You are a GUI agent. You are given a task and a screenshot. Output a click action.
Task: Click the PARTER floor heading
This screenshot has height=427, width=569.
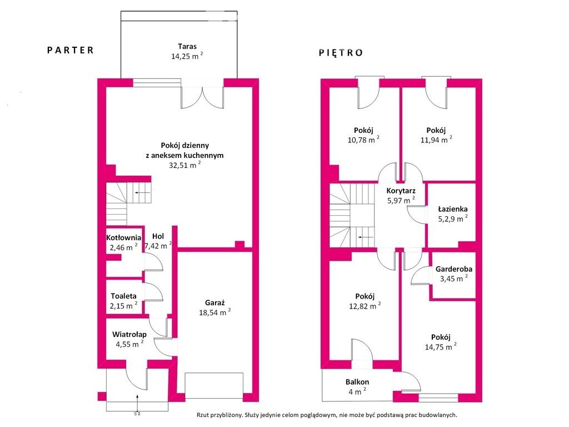pos(71,50)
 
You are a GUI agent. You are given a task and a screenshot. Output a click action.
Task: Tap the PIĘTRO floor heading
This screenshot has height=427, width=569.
pos(341,53)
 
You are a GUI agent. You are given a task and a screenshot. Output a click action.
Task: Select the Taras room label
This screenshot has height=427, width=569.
pos(187,47)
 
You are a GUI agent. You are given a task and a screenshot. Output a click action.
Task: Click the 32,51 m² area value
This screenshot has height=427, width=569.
pos(184,165)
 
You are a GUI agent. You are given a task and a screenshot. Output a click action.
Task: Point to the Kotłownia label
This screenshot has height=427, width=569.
pos(124,238)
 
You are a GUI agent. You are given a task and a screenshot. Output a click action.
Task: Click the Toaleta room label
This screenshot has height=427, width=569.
pos(124,296)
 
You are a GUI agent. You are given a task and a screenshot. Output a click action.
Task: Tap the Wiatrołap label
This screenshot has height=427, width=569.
pos(129,334)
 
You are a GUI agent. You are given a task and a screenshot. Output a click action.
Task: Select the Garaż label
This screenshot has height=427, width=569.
pos(215,302)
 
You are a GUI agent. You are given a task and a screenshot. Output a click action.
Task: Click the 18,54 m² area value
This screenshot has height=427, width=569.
pos(215,312)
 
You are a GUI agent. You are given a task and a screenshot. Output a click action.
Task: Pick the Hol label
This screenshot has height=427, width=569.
pos(158,236)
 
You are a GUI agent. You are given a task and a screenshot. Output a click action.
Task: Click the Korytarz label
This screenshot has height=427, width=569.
pos(401,191)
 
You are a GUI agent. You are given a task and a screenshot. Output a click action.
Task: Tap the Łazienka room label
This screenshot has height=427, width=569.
pos(453,209)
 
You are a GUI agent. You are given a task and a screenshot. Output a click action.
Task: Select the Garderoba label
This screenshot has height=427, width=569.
pos(454,269)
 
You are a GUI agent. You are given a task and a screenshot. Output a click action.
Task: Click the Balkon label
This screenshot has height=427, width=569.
pos(357,382)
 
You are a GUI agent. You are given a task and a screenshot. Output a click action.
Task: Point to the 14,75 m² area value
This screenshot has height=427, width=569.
pos(441,347)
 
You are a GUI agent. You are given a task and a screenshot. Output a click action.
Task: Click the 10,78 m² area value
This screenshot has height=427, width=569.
pos(363,140)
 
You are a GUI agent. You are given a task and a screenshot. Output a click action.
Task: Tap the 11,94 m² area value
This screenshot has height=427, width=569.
pos(436,140)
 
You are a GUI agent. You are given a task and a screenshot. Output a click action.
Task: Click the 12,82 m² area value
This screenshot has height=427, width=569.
pos(365,306)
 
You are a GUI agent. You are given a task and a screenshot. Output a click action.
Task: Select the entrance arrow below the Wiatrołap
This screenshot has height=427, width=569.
pos(137,403)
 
